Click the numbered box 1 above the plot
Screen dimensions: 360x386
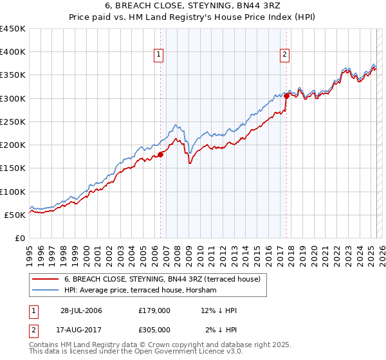click(x=159, y=55)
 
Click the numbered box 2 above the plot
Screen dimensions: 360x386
click(x=284, y=55)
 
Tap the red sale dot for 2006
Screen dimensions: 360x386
click(x=161, y=154)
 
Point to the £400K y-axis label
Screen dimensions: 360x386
click(x=13, y=52)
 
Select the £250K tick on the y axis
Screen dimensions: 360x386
click(x=13, y=122)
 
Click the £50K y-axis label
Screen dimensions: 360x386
click(x=15, y=215)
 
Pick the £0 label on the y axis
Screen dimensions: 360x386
click(x=21, y=238)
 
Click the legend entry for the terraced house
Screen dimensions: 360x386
click(x=161, y=279)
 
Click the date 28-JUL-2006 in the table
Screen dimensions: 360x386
click(x=81, y=310)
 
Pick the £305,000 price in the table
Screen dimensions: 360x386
click(x=154, y=330)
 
